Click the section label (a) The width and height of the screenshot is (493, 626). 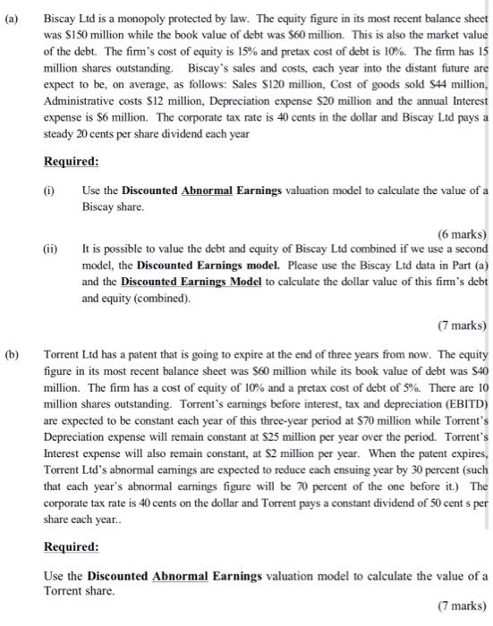click(12, 17)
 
